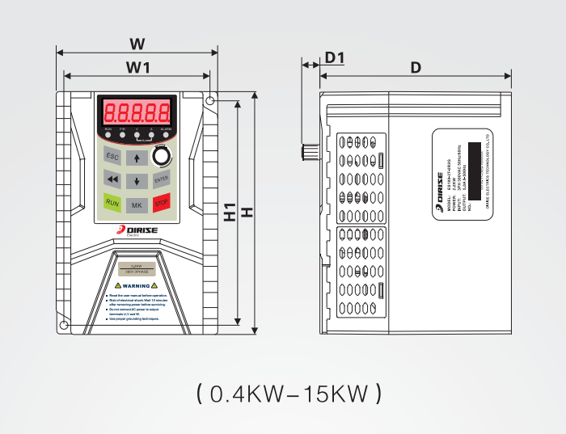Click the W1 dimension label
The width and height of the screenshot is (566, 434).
tap(137, 66)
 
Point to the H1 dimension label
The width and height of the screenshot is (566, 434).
tap(229, 212)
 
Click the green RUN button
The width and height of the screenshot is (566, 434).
tap(113, 204)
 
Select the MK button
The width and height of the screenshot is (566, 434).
tap(137, 204)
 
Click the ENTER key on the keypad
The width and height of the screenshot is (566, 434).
tap(162, 179)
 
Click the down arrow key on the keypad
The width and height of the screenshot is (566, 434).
tap(137, 179)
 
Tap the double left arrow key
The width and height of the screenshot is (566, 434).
tap(113, 179)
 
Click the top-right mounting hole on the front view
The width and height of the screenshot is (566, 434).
tap(210, 101)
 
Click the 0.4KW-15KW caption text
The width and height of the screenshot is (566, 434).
tap(288, 394)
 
